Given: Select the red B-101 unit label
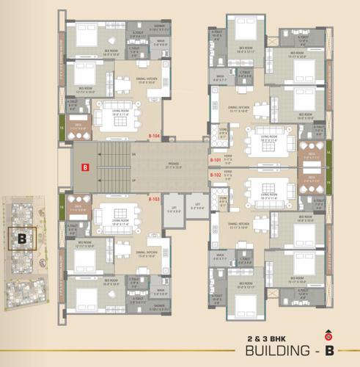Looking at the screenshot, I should (216, 159).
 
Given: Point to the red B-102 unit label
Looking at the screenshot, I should (216, 175).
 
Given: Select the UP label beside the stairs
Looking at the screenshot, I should (133, 180).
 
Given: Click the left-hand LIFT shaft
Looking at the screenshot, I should (173, 207).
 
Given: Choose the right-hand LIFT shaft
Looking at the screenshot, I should (196, 207).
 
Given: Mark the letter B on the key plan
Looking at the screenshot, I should (22, 238).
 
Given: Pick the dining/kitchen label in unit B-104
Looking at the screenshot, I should (139, 81).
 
